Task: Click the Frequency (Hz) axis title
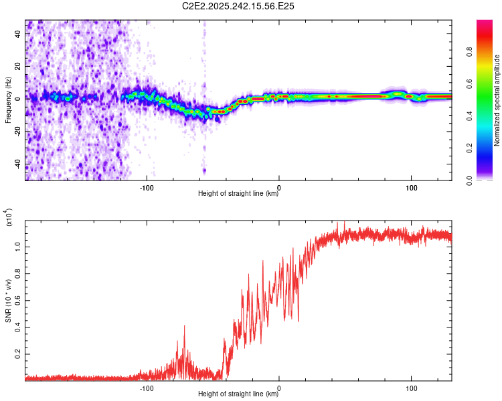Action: [x=9, y=100]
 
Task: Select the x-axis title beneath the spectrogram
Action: [x=238, y=194]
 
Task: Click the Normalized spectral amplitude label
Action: [x=497, y=100]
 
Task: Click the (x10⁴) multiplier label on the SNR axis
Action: [x=9, y=219]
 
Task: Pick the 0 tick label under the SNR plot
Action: [x=278, y=387]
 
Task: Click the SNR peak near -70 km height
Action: [x=184, y=325]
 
